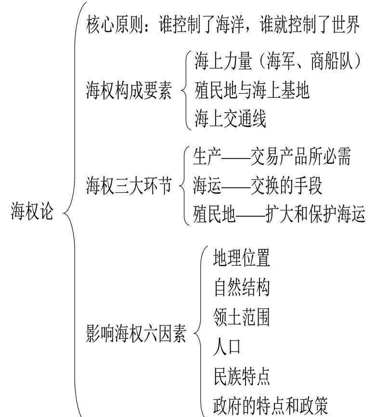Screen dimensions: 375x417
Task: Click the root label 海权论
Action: click(x=32, y=211)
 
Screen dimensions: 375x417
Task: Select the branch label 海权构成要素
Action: click(x=129, y=91)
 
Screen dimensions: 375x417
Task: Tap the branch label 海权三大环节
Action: click(x=129, y=185)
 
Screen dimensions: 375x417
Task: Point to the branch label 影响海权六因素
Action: click(x=136, y=333)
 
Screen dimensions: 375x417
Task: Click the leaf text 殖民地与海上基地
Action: click(x=252, y=91)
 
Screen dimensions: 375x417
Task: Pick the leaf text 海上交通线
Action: click(x=230, y=118)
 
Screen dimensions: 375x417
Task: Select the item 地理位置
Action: click(x=242, y=258)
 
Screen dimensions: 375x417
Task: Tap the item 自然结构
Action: click(x=242, y=287)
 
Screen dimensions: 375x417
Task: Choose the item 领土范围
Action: click(x=242, y=317)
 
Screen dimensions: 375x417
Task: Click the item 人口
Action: click(x=227, y=347)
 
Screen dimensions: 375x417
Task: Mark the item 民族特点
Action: click(x=242, y=376)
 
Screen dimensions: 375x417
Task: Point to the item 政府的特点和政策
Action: click(x=271, y=405)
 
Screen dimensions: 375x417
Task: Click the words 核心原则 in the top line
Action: click(x=115, y=25)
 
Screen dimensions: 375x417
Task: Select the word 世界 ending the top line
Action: click(x=346, y=25)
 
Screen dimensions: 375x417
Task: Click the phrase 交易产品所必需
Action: click(x=300, y=156)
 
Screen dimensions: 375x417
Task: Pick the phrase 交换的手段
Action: click(x=286, y=185)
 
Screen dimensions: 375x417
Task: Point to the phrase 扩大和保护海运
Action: click(x=315, y=214)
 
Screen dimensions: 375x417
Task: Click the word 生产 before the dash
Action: click(x=207, y=156)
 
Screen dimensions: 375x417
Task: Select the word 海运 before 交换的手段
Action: click(x=207, y=185)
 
